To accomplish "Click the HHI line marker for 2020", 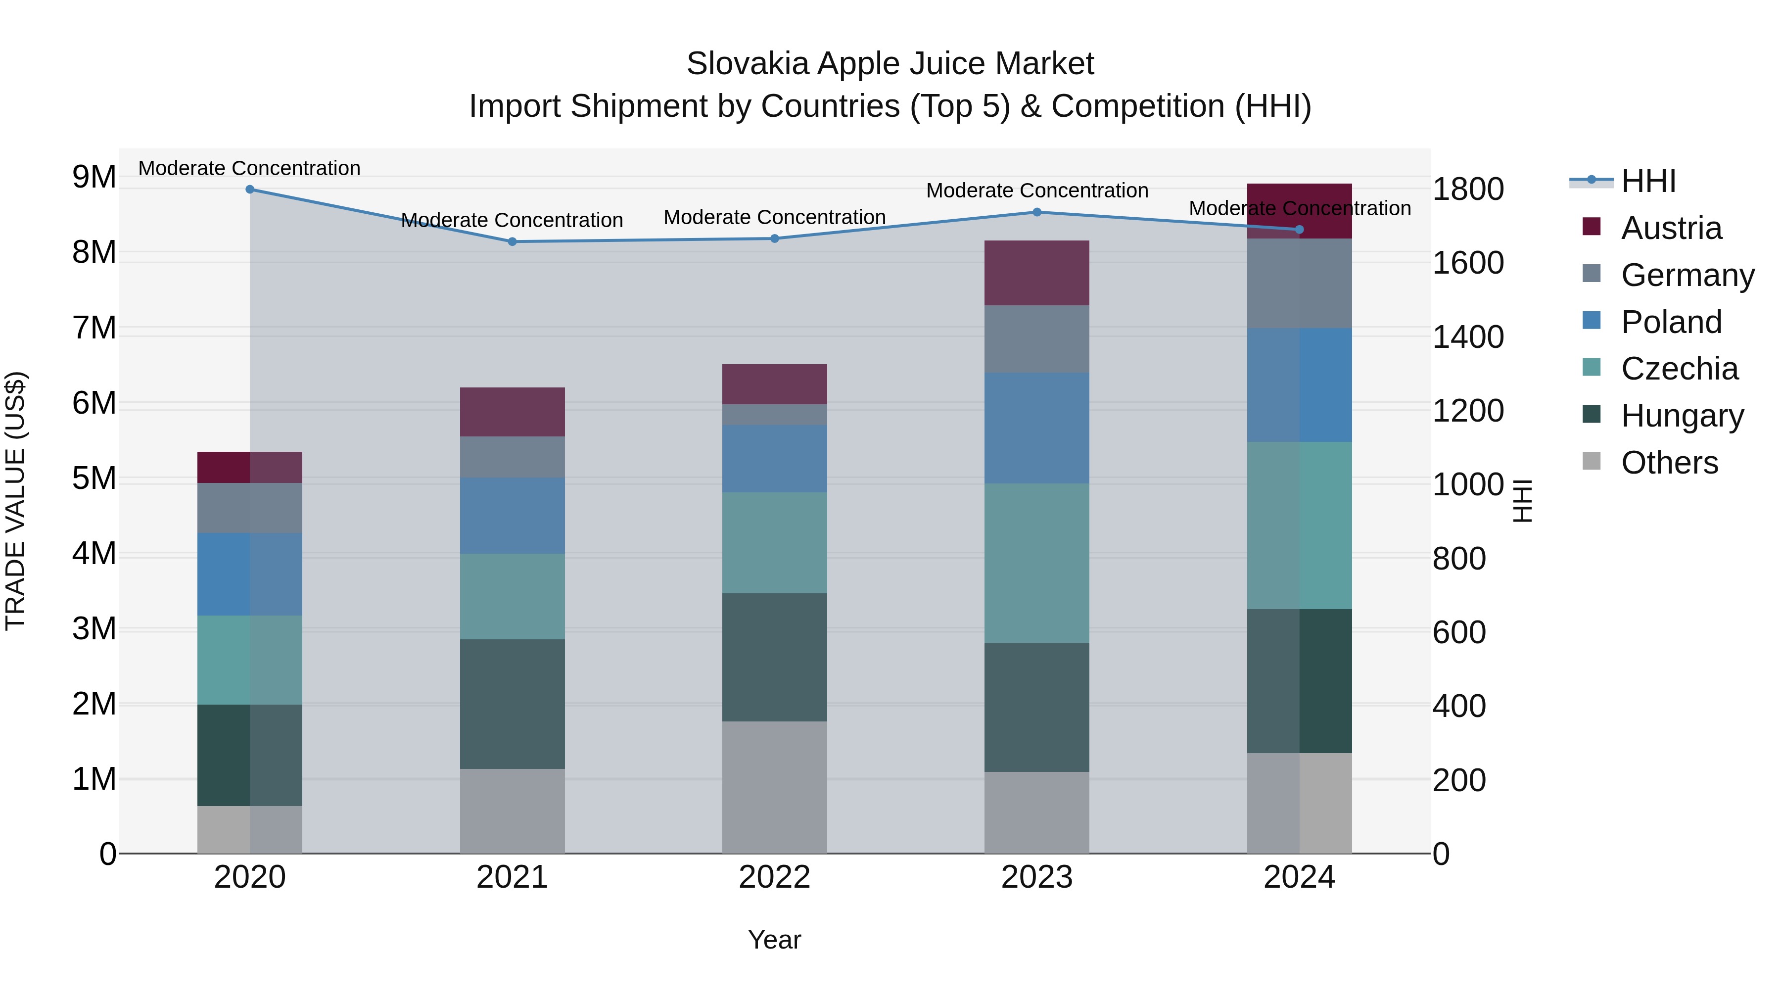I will point(250,190).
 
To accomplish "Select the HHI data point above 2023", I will point(1036,212).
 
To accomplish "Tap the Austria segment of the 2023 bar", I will point(1036,273).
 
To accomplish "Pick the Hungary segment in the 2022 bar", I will point(774,657).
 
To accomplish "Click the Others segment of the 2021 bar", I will point(513,811).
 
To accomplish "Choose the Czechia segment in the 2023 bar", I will point(1036,563).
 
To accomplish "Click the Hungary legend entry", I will point(1682,416).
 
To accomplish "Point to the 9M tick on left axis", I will point(94,177).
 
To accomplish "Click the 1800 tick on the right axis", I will point(1467,190).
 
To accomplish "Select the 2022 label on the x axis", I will point(774,877).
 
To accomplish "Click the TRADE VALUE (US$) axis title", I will point(15,501).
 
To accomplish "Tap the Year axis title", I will point(774,940).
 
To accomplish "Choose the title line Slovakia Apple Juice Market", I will point(890,64).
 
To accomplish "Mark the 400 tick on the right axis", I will point(1459,706).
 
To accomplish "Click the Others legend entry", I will point(1669,463).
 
